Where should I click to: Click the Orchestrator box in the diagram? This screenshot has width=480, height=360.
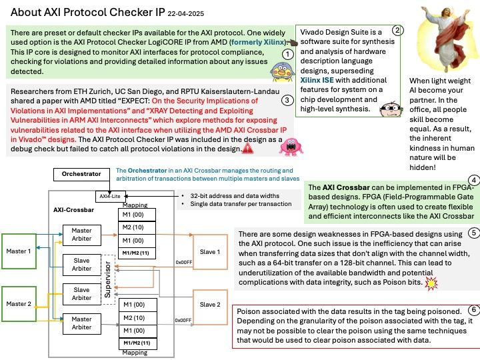tap(81, 174)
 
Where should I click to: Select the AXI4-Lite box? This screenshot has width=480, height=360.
tap(110, 196)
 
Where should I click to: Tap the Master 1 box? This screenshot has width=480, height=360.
tap(19, 251)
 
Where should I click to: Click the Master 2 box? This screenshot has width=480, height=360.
tap(19, 304)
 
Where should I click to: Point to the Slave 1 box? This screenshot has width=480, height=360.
tap(210, 252)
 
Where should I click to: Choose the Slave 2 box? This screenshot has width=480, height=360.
tap(210, 305)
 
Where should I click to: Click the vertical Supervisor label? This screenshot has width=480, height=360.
tap(107, 279)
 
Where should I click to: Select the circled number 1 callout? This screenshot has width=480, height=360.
tap(287, 55)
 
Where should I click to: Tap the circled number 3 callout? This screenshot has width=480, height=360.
tap(287, 100)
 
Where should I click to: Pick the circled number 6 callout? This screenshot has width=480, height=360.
tap(474, 310)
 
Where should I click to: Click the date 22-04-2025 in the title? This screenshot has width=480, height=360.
tap(186, 14)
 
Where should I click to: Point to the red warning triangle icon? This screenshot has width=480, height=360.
tap(247, 149)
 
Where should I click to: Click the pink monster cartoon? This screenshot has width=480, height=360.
tap(291, 147)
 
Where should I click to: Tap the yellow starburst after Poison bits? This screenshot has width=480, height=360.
tap(431, 283)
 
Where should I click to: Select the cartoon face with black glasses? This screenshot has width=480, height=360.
tap(391, 109)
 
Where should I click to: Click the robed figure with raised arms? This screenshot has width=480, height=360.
tap(447, 38)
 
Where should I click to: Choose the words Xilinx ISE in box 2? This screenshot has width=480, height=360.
tap(317, 80)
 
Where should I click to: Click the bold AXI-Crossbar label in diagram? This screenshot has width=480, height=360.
tap(73, 210)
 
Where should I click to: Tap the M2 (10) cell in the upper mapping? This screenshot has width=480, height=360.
tap(137, 227)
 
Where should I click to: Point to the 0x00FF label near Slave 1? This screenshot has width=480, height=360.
tap(184, 263)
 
